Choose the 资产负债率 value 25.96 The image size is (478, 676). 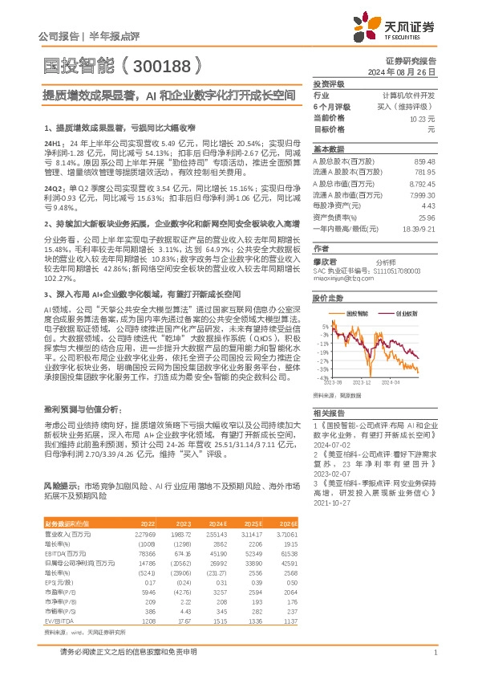427,218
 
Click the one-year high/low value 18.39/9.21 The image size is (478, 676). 419,229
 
